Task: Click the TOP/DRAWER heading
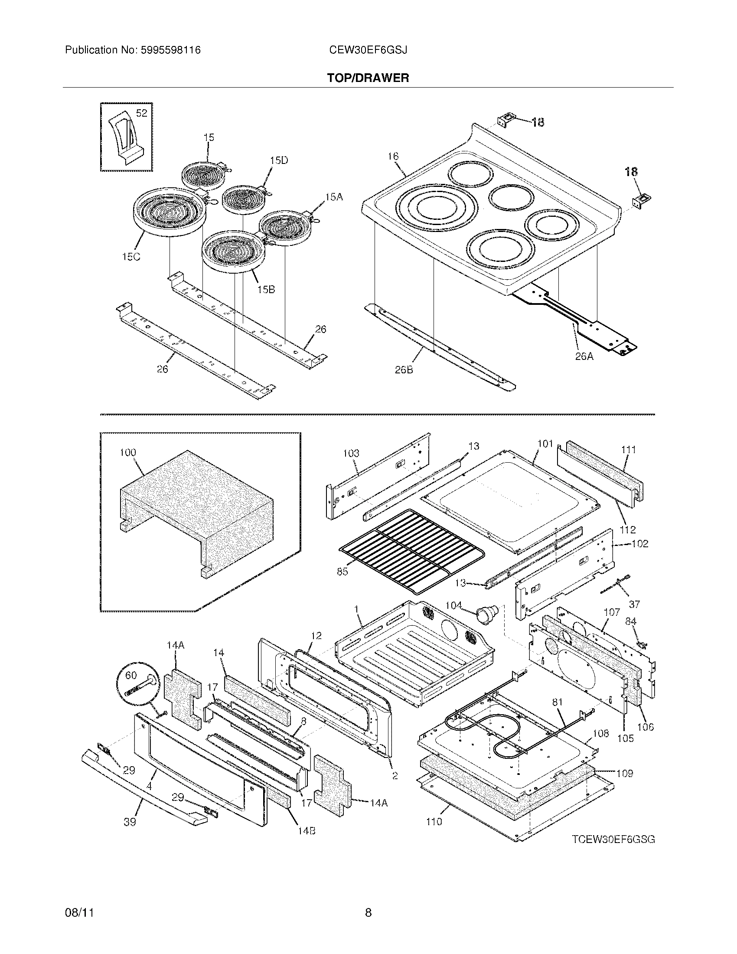(368, 78)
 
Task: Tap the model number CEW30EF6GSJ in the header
(368, 50)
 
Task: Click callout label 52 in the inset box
(141, 113)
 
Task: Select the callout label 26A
(585, 356)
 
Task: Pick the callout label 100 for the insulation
(128, 453)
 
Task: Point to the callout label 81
(558, 702)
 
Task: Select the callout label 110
(434, 822)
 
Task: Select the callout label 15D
(279, 160)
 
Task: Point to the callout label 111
(628, 450)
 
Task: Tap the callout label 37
(634, 604)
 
